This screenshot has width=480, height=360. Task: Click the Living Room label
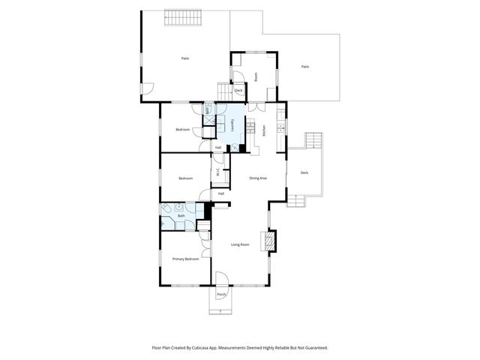tap(239, 244)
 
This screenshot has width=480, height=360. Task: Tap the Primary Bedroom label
tap(185, 259)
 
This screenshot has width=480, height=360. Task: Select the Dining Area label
tap(257, 178)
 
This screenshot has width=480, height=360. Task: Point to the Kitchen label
tap(264, 129)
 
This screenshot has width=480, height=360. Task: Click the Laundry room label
tap(233, 126)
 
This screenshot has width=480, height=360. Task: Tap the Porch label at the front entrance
tap(221, 295)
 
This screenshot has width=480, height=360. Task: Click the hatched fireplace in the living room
tap(268, 239)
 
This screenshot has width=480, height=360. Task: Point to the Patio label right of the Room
tap(305, 67)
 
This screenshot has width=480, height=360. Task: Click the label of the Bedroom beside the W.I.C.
tap(185, 178)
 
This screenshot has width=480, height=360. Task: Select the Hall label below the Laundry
tap(218, 147)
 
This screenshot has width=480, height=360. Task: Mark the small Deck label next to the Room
tap(238, 91)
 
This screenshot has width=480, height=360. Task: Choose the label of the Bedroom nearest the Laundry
tap(183, 130)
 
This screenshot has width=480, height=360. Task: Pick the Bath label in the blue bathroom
tap(181, 216)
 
